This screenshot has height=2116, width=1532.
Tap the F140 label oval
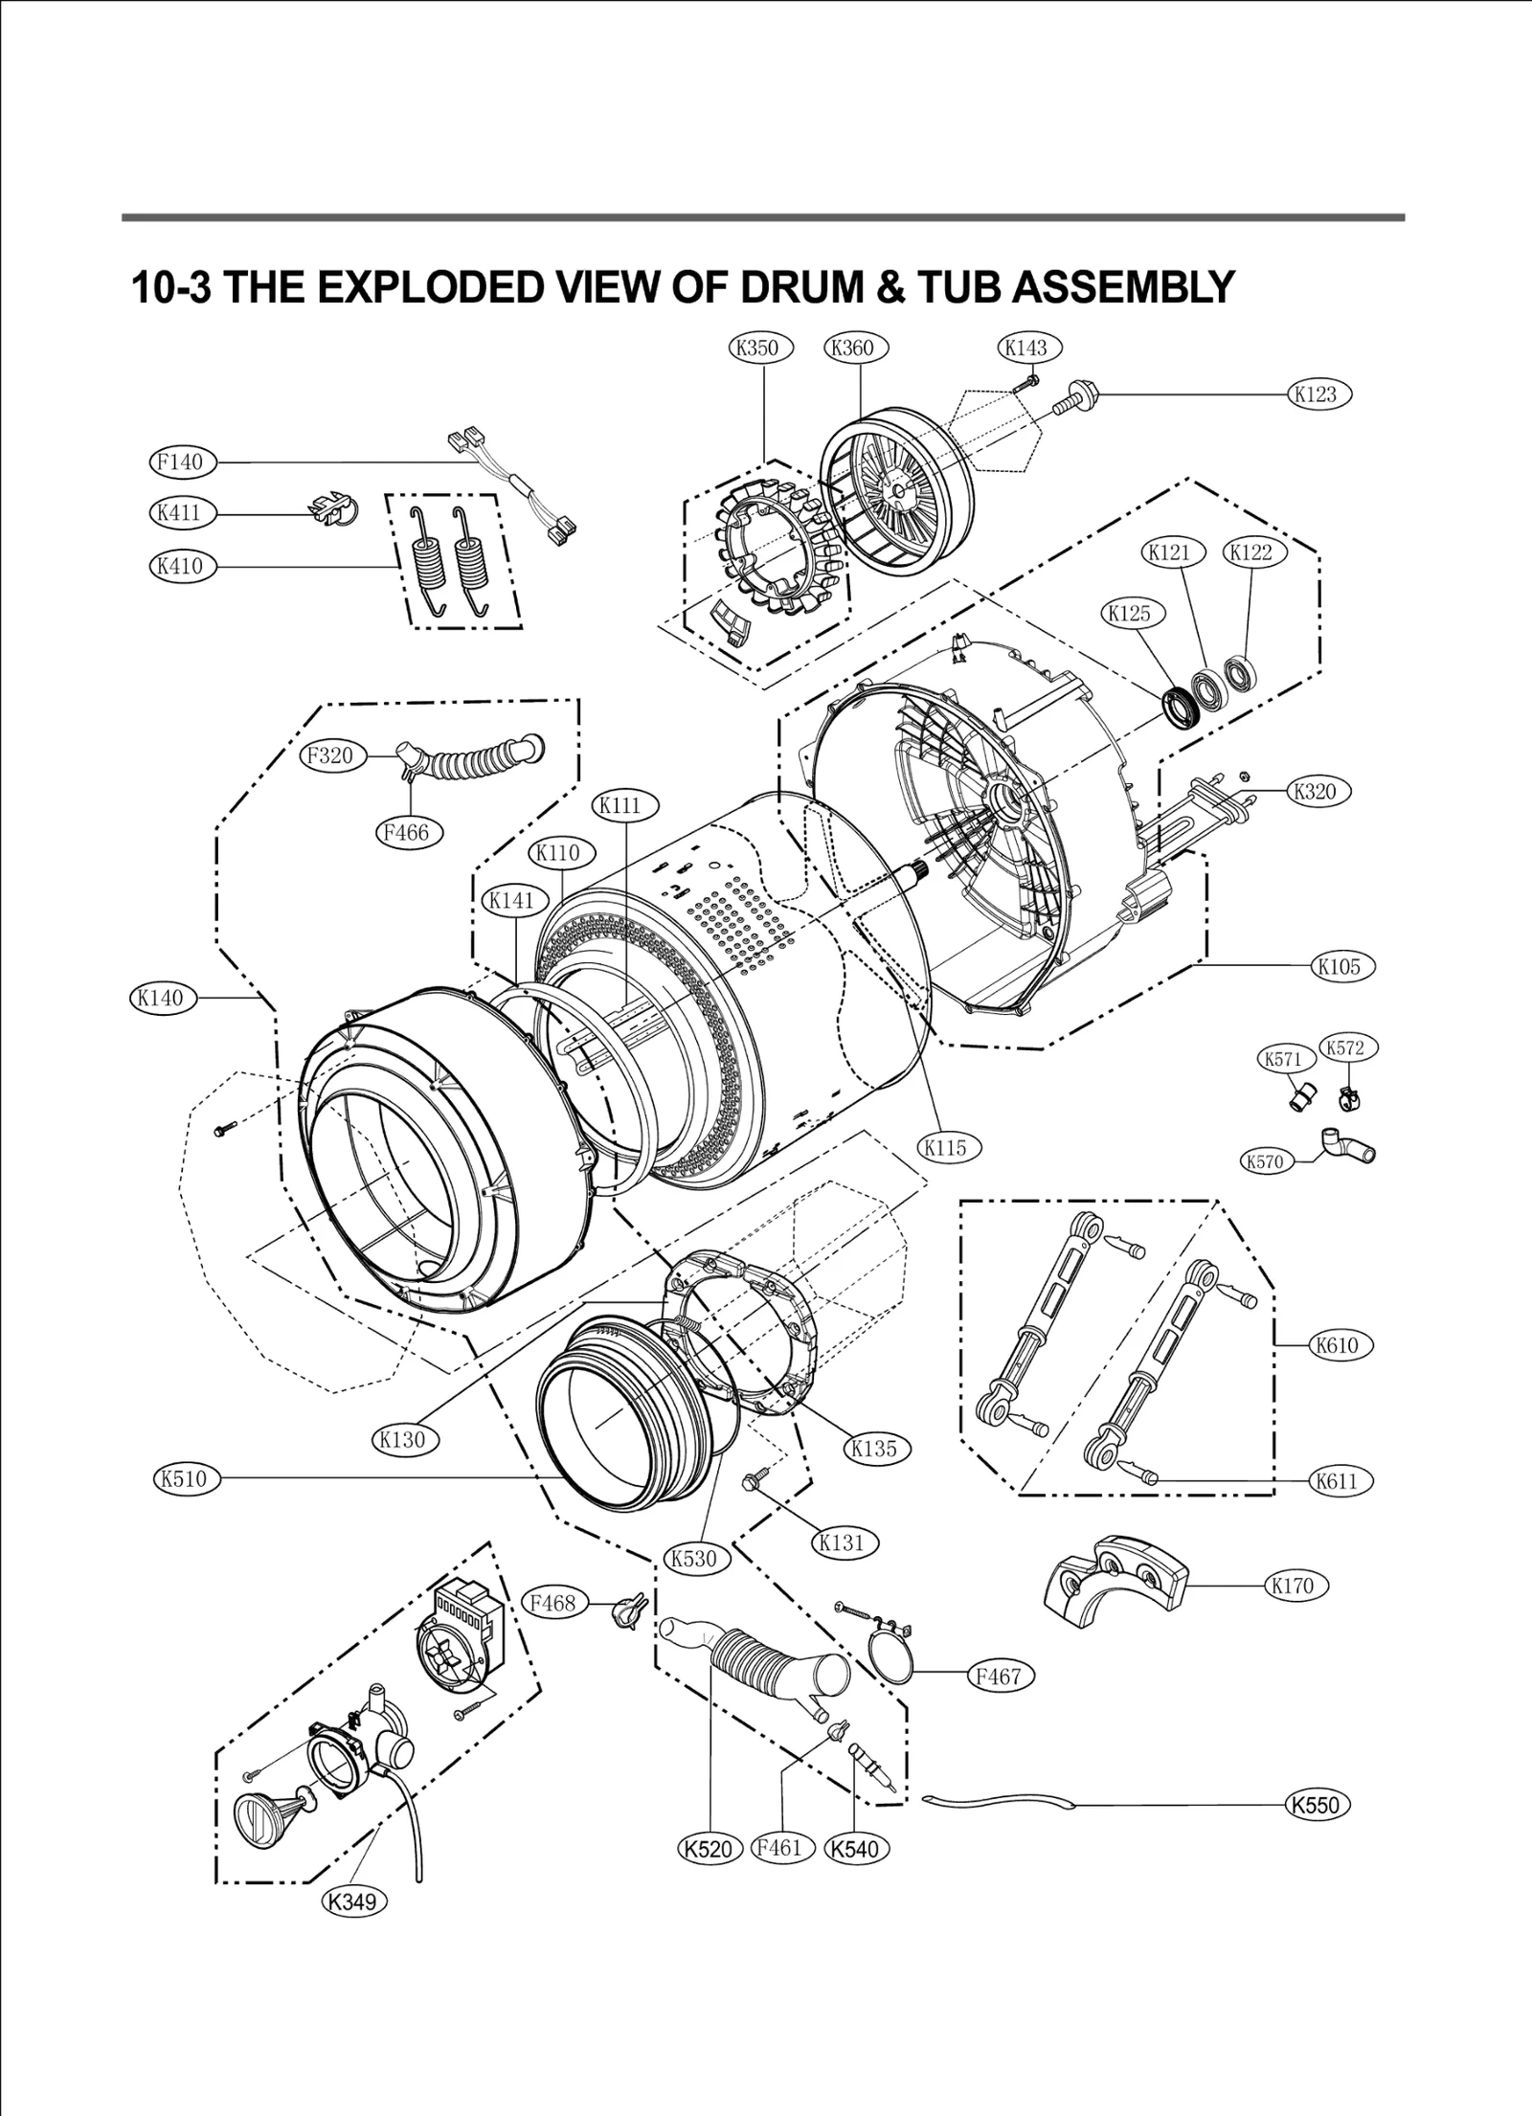click(x=182, y=462)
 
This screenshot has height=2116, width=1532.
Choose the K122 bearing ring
click(x=1240, y=674)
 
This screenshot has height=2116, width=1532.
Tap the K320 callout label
click(x=1315, y=791)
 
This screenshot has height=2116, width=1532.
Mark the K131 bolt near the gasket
click(x=751, y=1509)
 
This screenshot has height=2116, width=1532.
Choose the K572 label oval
click(x=1345, y=1047)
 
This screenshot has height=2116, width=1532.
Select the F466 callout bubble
click(x=407, y=832)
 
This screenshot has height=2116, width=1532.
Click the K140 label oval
click(x=160, y=998)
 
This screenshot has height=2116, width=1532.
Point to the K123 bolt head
click(x=1087, y=393)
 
